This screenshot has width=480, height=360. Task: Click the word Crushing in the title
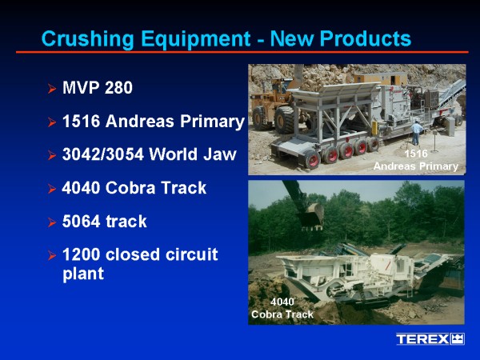click(87, 39)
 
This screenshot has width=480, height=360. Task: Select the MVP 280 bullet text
click(98, 87)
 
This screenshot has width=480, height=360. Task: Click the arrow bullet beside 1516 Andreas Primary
click(52, 122)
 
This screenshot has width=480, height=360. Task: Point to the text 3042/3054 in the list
click(103, 154)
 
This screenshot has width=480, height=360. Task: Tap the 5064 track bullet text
click(104, 221)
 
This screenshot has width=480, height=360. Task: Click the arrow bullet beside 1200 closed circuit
click(52, 256)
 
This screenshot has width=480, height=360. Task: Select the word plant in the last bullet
click(83, 274)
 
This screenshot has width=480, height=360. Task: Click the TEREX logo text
click(422, 339)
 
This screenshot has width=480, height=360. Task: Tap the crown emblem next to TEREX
click(458, 339)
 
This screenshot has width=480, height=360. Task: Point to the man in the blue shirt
click(416, 133)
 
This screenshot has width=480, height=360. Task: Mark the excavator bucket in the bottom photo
click(312, 217)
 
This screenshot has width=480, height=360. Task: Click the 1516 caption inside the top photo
click(416, 154)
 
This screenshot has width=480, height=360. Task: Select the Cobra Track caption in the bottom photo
click(282, 314)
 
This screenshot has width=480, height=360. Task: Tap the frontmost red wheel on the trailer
click(312, 160)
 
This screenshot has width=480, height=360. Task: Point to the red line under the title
click(242, 52)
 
